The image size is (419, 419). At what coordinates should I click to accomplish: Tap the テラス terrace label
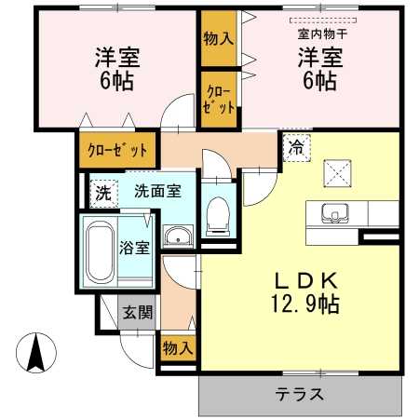click(x=299, y=393)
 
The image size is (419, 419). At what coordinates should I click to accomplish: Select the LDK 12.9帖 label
click(x=299, y=291)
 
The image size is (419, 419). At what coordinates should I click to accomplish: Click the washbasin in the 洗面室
click(x=177, y=235)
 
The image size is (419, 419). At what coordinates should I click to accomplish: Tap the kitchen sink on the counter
click(x=334, y=212)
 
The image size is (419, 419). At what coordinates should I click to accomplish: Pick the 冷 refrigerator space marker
click(x=294, y=146)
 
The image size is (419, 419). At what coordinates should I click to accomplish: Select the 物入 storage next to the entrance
click(x=177, y=348)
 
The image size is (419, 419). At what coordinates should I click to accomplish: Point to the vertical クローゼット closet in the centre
click(x=219, y=98)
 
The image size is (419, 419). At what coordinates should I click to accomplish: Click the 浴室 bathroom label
click(x=134, y=248)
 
